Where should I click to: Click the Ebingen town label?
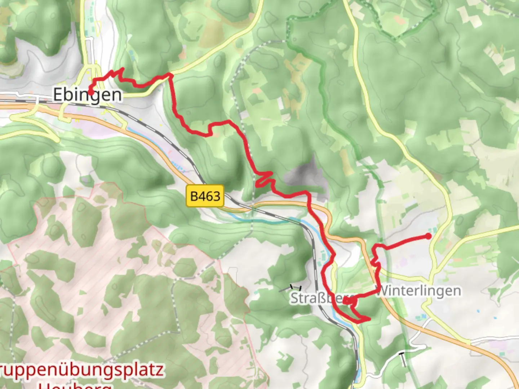click(x=88, y=95)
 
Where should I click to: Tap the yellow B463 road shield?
click(x=205, y=196)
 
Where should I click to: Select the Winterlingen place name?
click(x=418, y=291)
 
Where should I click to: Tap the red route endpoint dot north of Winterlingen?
click(x=428, y=236)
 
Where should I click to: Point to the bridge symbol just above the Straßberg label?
click(x=296, y=287)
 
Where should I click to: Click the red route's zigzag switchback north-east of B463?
click(x=265, y=179)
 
